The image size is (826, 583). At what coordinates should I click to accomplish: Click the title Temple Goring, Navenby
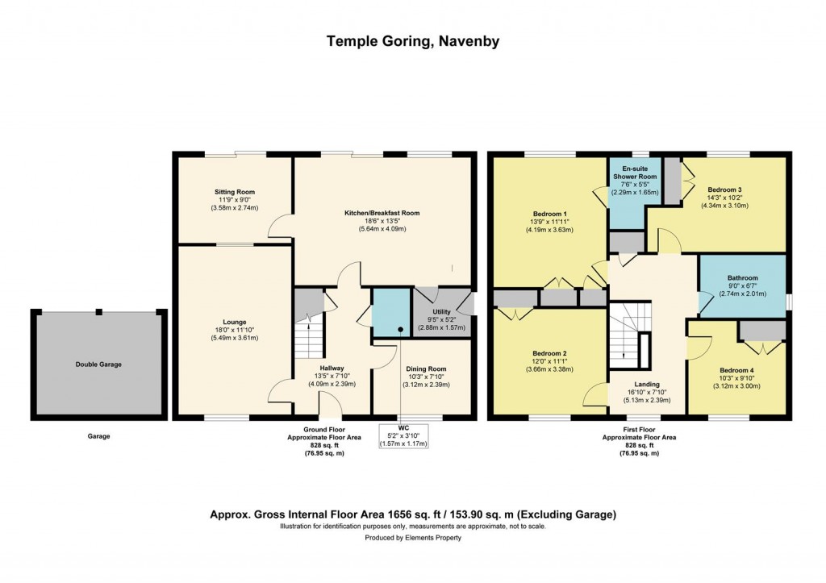coord(413,41)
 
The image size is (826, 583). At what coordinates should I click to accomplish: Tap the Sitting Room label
coord(235,192)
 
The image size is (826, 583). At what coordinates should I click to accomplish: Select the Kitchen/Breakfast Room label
coord(382,213)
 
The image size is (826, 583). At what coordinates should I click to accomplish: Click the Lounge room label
coord(235,322)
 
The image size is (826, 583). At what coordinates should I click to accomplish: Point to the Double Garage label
coord(98,364)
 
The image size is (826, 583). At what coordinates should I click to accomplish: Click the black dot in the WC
coord(400,330)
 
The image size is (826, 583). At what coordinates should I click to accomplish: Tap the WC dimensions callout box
coord(403,436)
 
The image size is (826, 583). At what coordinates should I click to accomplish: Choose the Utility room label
coord(441,312)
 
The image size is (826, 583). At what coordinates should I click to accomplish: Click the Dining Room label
coord(427,369)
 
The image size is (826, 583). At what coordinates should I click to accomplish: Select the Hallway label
coord(332,369)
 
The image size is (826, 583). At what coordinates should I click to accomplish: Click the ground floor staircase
coord(307,339)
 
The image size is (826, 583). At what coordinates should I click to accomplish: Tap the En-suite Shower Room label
coord(635,173)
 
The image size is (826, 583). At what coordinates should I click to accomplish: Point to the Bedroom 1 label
coord(550,214)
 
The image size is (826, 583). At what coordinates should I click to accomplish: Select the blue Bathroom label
coord(743,277)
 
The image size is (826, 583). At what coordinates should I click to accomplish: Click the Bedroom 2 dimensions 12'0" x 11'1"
coord(550,361)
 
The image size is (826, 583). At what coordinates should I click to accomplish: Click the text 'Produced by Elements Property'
coord(413,538)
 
